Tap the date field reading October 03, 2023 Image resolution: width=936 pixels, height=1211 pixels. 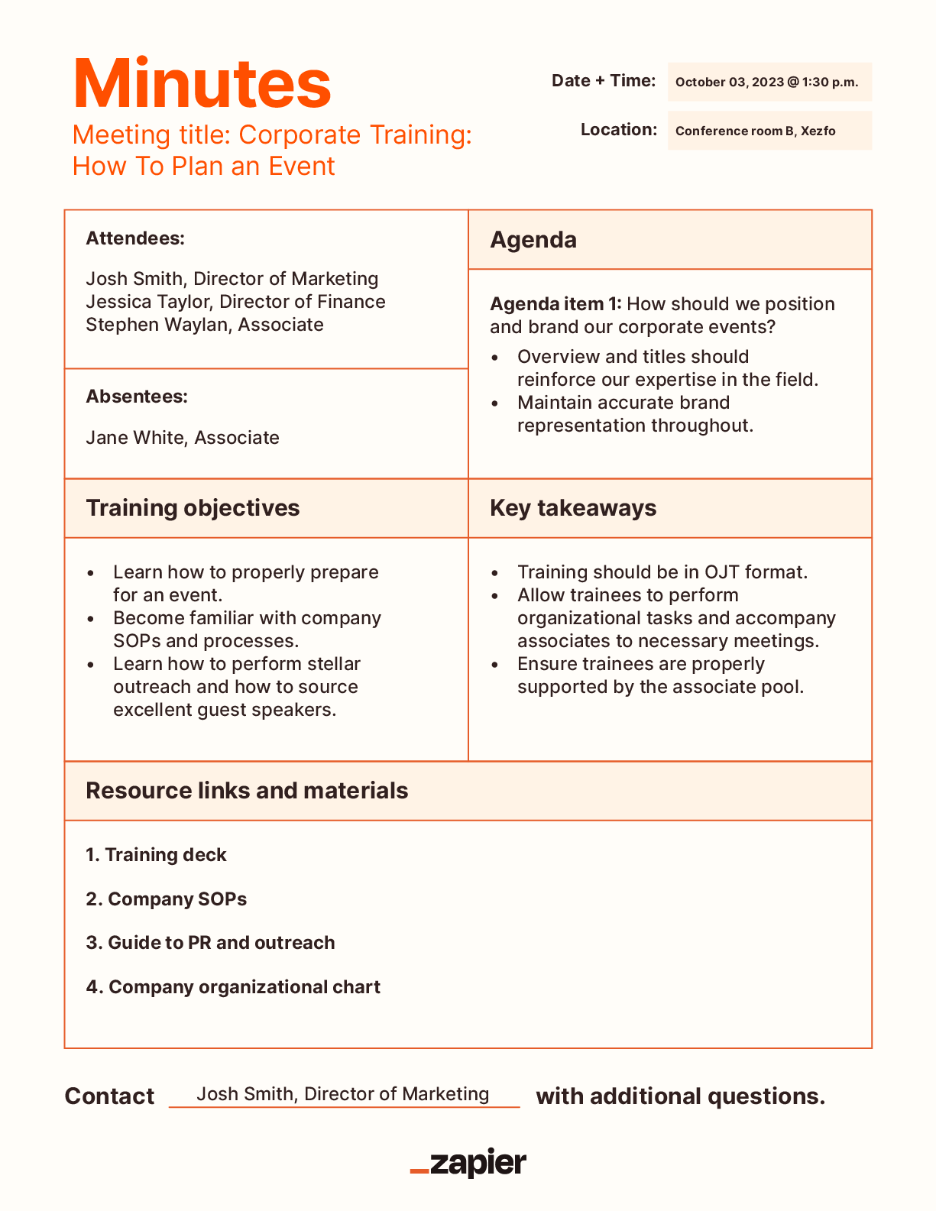tap(766, 83)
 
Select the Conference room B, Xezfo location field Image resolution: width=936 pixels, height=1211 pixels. tap(755, 131)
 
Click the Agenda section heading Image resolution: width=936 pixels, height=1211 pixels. tap(533, 240)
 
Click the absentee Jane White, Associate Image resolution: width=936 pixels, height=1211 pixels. tap(183, 438)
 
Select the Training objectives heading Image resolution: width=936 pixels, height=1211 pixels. tap(193, 508)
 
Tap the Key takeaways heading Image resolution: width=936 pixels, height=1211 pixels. tap(573, 508)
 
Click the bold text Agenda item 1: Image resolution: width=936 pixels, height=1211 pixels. tap(555, 304)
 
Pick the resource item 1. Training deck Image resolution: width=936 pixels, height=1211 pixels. tap(157, 855)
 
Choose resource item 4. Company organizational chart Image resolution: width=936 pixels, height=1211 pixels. tap(233, 987)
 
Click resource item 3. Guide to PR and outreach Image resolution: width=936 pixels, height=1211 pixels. tap(210, 943)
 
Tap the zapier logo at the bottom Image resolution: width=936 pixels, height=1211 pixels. tap(468, 1163)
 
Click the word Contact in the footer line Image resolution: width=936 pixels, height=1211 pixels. tap(109, 1096)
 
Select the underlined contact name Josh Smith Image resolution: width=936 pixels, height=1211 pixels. tap(342, 1094)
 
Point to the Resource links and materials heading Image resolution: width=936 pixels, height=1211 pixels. tap(247, 791)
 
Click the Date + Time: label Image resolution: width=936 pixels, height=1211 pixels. tap(604, 81)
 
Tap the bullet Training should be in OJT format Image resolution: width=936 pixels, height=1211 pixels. tap(662, 572)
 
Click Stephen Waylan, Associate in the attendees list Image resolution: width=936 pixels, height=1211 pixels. tap(205, 325)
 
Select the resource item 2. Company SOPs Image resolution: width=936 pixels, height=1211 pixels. tap(167, 899)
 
